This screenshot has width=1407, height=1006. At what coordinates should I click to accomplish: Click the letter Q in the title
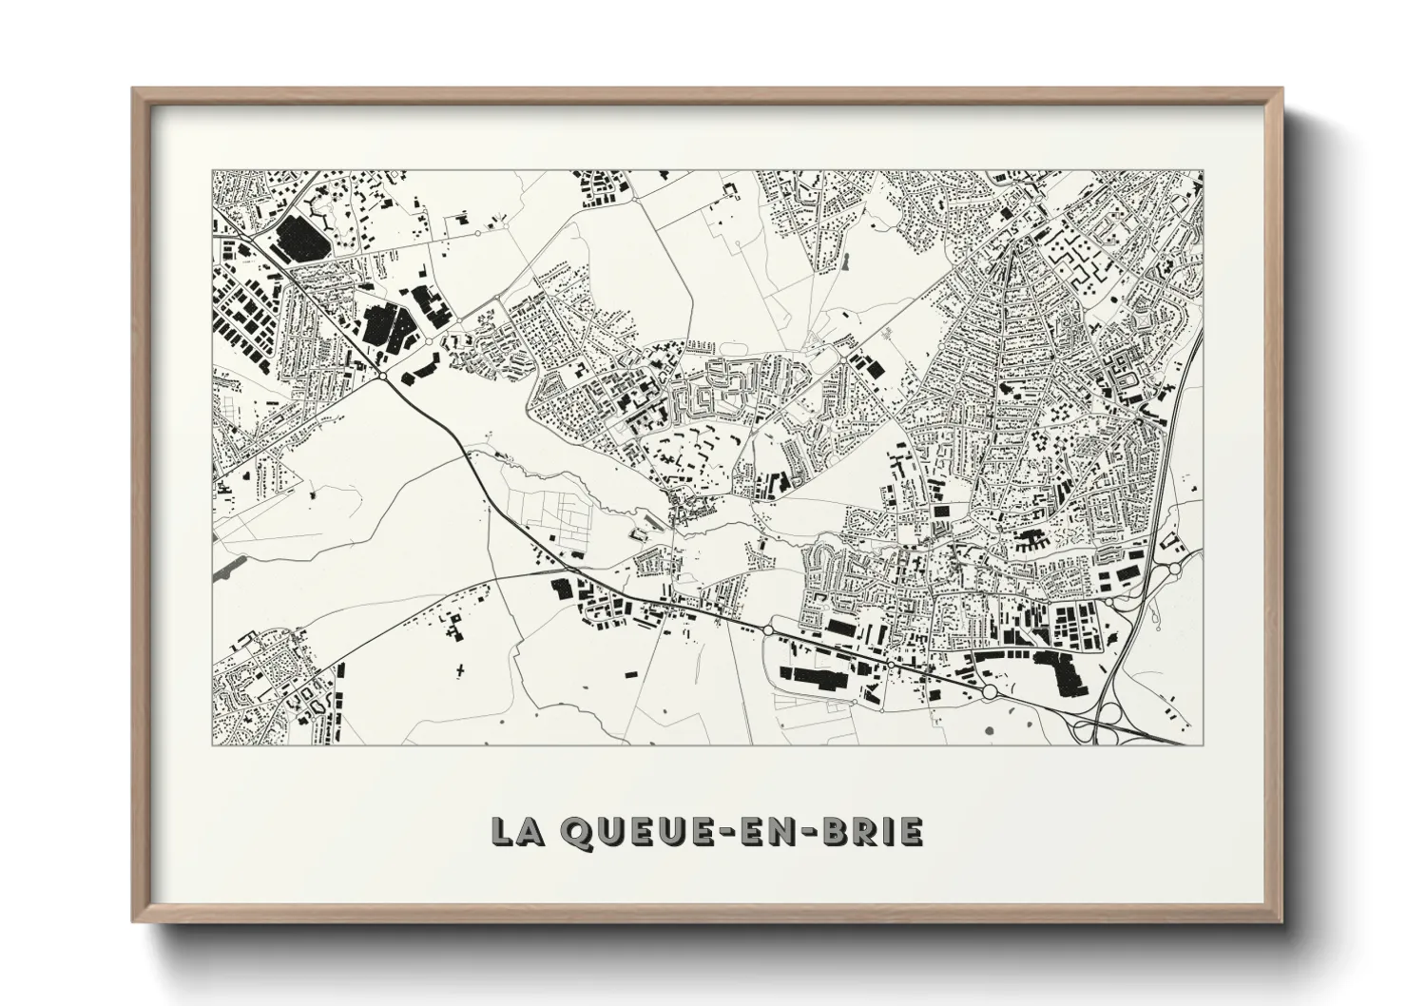pyautogui.click(x=580, y=832)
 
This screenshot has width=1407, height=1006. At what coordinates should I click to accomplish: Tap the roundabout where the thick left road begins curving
pyautogui.click(x=382, y=377)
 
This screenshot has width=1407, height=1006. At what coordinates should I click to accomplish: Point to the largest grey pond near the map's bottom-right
pyautogui.click(x=990, y=730)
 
